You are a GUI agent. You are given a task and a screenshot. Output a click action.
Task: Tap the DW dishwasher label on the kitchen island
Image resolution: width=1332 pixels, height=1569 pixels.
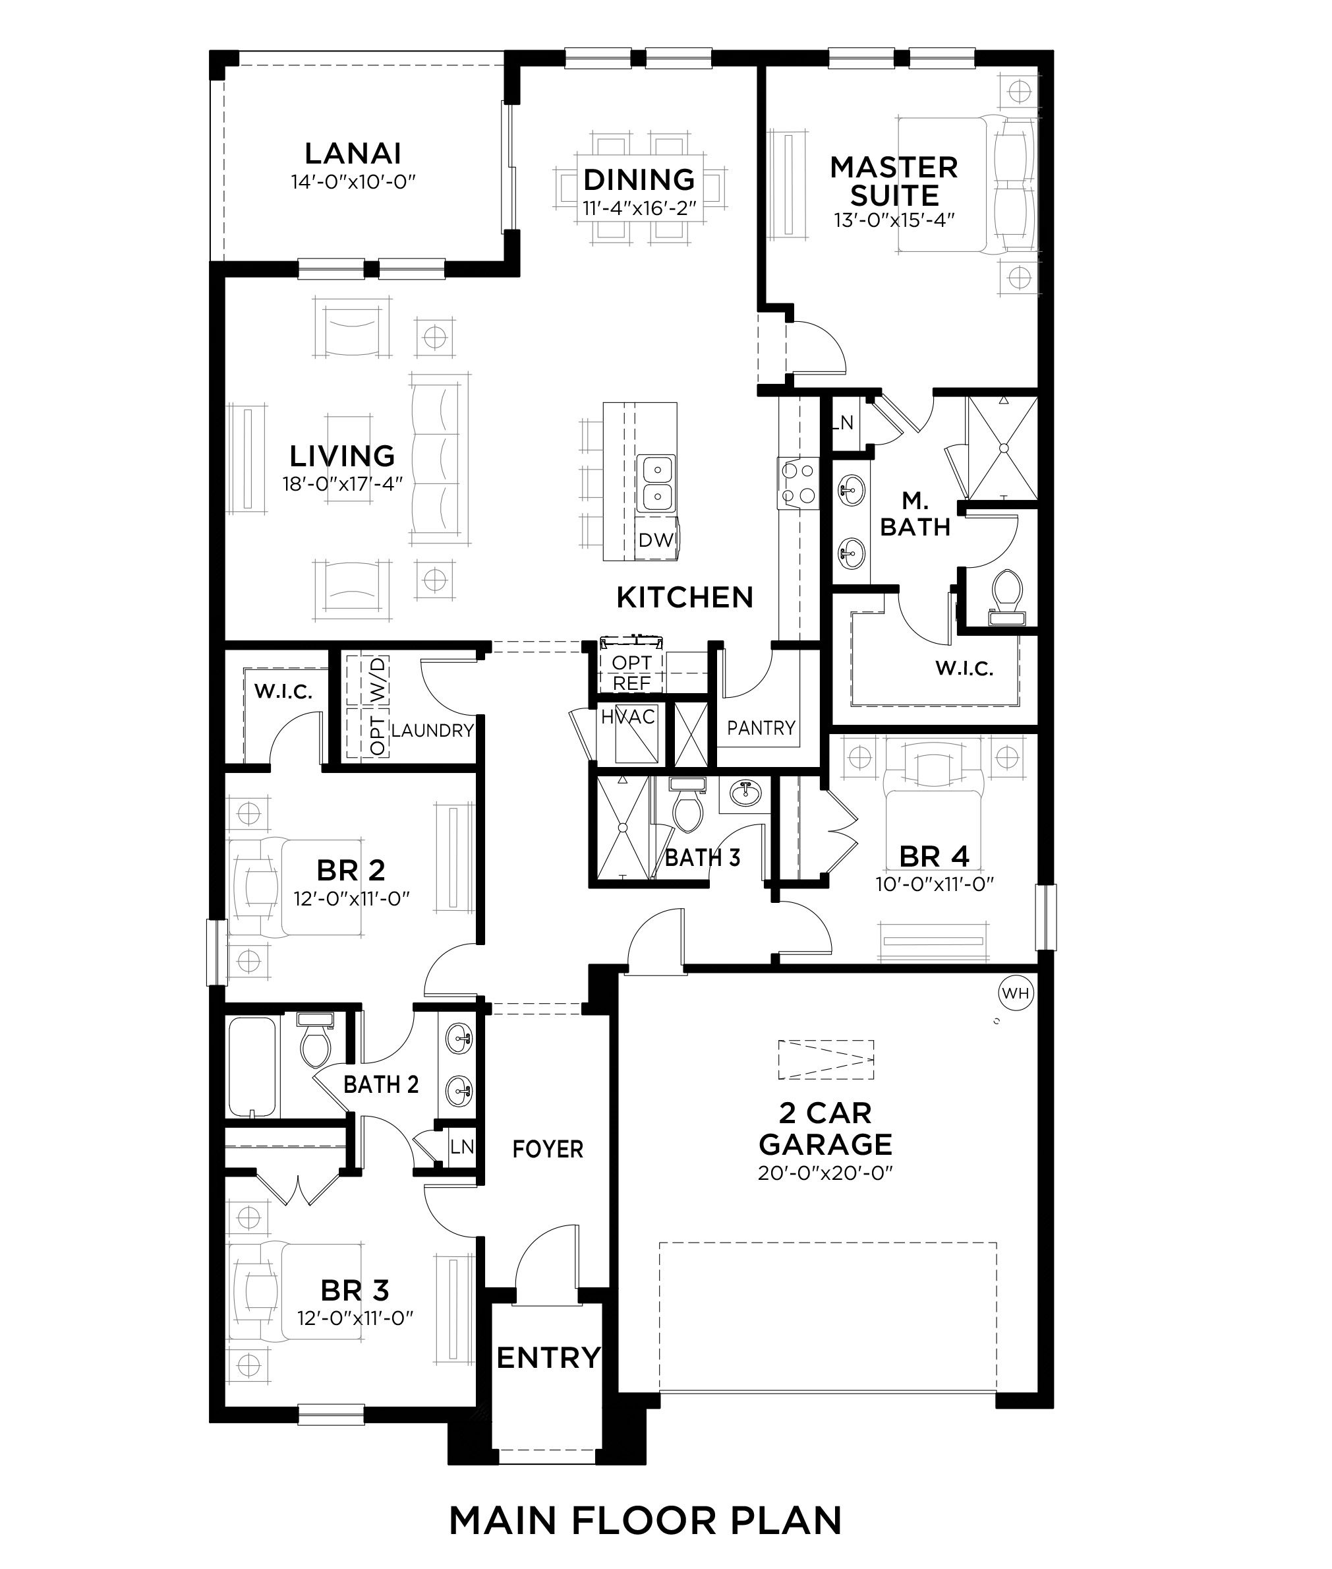point(655,540)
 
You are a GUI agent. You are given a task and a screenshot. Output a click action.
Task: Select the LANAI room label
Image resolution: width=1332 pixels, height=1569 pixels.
point(353,154)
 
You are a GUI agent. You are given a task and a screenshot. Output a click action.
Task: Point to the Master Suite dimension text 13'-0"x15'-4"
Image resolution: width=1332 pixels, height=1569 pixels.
point(895,220)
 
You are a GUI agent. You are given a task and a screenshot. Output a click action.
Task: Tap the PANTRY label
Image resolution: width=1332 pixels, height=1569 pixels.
point(761,727)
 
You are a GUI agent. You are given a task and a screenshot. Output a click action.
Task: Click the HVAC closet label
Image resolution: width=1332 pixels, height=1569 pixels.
point(628,716)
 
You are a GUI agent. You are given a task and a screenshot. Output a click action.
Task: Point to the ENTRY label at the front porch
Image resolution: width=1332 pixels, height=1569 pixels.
point(548,1357)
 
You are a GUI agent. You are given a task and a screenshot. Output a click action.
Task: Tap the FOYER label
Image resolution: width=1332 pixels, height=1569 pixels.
point(548,1149)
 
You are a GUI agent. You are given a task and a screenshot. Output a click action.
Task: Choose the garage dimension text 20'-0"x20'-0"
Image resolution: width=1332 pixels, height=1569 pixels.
point(825,1173)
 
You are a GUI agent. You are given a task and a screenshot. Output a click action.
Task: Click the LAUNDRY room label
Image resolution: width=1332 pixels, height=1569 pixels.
point(432,731)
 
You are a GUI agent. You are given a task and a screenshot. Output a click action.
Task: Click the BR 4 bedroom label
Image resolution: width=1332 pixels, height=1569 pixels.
point(934,857)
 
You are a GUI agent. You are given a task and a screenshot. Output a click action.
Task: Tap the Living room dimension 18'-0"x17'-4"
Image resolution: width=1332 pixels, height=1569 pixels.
point(343,483)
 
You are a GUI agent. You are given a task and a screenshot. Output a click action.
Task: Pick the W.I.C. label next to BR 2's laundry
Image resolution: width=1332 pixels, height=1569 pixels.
point(283,691)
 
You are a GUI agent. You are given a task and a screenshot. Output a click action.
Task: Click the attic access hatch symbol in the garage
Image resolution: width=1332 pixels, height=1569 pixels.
point(826,1060)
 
